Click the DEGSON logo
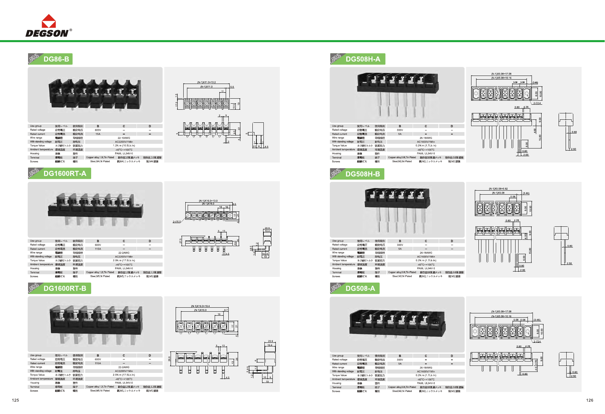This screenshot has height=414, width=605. (x=48, y=26)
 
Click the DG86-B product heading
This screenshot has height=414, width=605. (x=56, y=59)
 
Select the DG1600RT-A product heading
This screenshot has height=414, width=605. (x=65, y=174)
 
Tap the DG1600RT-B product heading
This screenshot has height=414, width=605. (x=65, y=288)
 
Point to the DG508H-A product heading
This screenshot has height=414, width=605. (x=363, y=59)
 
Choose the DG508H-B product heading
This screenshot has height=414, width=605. (x=363, y=174)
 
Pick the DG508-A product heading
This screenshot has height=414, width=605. (x=360, y=288)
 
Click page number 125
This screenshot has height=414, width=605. (x=15, y=400)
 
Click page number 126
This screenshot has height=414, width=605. (x=590, y=400)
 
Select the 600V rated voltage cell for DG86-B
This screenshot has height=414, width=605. (x=98, y=130)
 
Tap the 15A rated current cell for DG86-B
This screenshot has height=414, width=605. (x=98, y=134)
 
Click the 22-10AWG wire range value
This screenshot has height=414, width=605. (x=124, y=138)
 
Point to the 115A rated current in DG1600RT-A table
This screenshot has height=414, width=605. (x=98, y=249)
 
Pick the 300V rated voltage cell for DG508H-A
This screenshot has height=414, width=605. (x=400, y=130)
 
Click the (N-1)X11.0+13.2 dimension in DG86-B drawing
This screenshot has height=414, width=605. (x=206, y=82)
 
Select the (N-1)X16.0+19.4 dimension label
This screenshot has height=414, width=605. (x=200, y=306)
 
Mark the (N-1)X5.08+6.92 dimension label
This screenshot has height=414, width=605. (x=498, y=189)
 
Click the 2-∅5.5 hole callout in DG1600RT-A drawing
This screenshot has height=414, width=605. (x=177, y=222)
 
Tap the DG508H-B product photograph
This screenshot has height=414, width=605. (x=397, y=210)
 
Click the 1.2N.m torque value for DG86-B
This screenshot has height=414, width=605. (x=124, y=146)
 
